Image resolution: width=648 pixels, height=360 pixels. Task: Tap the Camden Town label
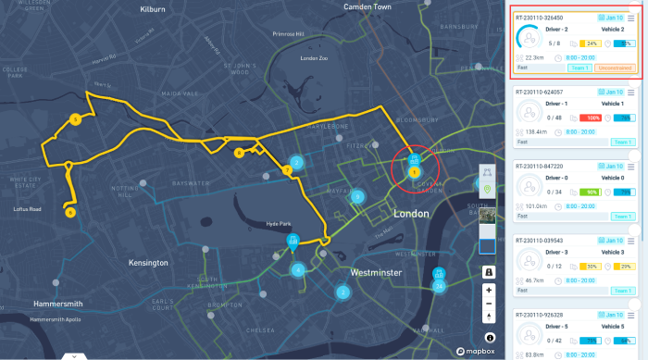(368, 6)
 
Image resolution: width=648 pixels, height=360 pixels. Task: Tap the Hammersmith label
(44, 304)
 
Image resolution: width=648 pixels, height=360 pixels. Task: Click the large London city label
(411, 214)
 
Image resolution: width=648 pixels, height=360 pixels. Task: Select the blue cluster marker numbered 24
(440, 286)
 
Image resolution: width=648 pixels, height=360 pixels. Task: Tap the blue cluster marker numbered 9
(356, 196)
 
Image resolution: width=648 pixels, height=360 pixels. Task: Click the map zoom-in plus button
(489, 290)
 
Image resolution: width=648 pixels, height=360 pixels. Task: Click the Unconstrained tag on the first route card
(614, 68)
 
